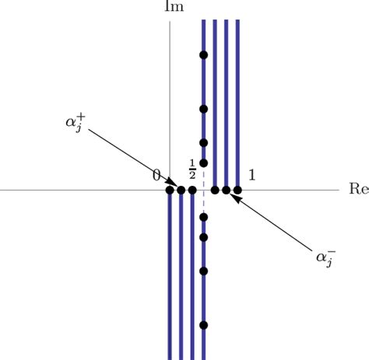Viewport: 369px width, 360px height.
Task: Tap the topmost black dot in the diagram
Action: click(x=203, y=55)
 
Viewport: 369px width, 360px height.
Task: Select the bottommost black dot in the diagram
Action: click(x=203, y=325)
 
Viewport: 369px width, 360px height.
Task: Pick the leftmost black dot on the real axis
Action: click(x=170, y=190)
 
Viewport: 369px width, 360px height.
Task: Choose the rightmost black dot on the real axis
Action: click(x=237, y=190)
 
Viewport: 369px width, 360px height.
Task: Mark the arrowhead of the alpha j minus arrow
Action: click(x=234, y=195)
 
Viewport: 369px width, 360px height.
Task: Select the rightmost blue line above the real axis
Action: click(x=237, y=101)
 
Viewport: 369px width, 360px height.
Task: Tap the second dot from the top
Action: click(x=203, y=108)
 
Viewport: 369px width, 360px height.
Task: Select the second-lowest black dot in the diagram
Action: click(x=203, y=271)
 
